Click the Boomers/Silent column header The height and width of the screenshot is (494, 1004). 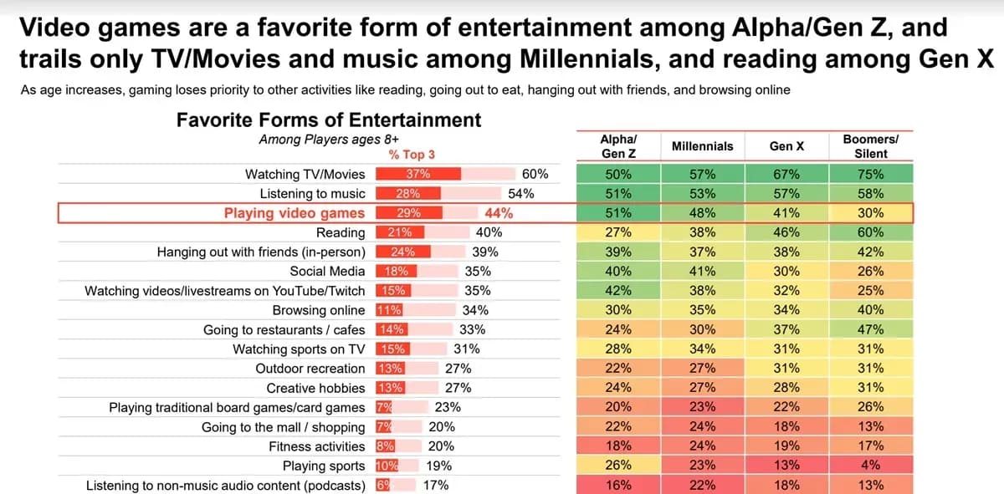tap(870, 146)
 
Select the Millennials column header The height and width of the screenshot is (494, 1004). tap(702, 146)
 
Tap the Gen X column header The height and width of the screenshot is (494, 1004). tap(786, 146)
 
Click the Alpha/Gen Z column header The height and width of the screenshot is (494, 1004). tap(618, 146)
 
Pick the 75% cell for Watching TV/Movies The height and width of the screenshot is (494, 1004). tap(870, 174)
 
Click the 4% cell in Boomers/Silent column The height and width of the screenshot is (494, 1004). tap(870, 466)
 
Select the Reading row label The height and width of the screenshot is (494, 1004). tap(341, 232)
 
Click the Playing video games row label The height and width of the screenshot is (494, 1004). tap(295, 213)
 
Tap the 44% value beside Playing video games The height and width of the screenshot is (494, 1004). tap(499, 213)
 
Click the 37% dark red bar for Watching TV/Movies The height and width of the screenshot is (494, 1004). tap(417, 174)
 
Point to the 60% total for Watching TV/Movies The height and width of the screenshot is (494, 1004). tap(535, 174)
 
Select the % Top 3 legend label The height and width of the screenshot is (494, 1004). tap(412, 155)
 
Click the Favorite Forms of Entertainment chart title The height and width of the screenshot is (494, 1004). tap(329, 120)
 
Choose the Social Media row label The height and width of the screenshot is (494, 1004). tap(327, 271)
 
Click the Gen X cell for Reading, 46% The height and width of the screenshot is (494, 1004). tap(786, 232)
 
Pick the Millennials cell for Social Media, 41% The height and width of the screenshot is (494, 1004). tap(702, 271)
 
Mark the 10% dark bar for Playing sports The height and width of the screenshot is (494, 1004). tap(387, 466)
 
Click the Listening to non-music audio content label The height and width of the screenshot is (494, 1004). tap(226, 485)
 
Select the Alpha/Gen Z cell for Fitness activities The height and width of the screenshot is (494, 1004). tap(618, 446)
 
